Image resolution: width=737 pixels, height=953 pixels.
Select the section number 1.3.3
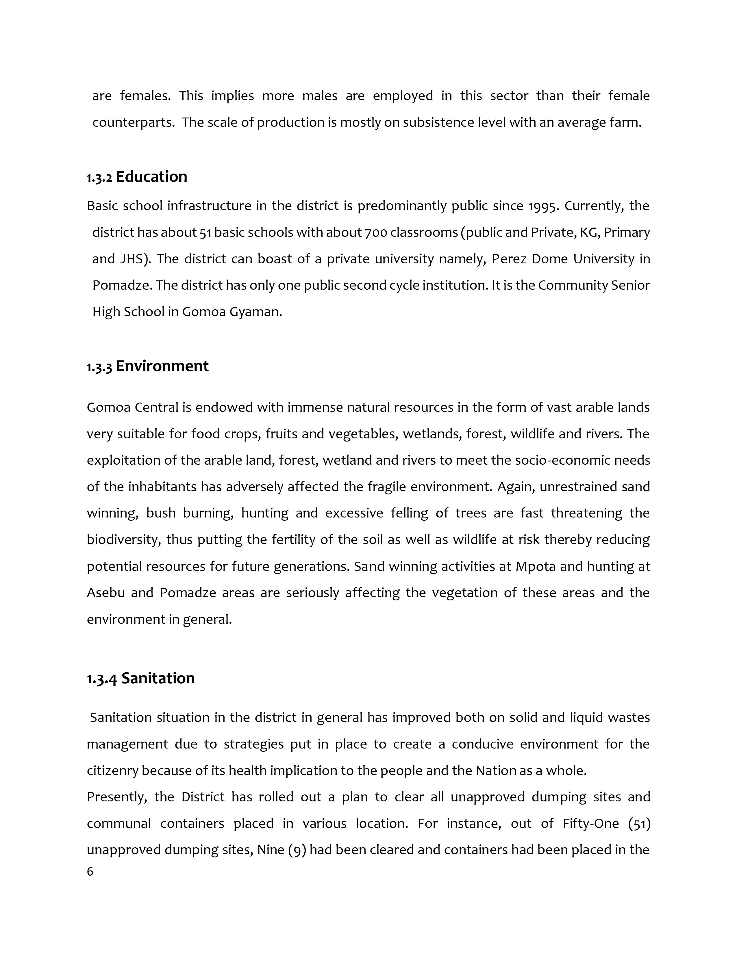click(x=99, y=367)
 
